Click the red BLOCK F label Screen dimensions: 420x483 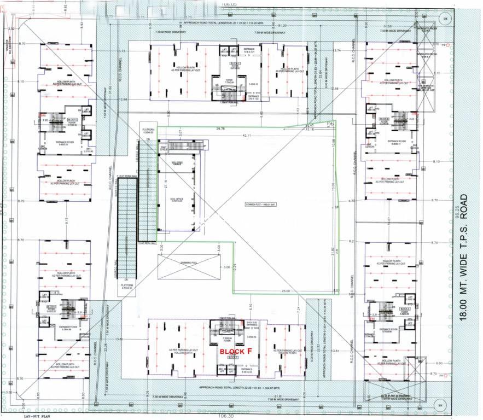coord(235,351)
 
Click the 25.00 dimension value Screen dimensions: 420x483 coord(286,290)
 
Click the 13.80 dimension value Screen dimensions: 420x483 coord(120,339)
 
